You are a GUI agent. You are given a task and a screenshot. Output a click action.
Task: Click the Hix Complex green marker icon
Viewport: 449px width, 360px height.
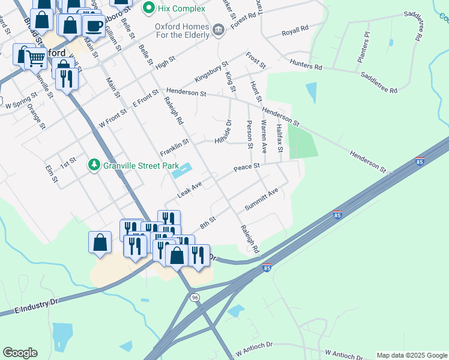147,9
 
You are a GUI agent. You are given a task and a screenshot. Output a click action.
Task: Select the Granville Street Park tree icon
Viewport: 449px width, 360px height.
94,164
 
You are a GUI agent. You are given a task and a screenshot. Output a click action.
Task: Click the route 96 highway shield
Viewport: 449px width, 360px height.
194,298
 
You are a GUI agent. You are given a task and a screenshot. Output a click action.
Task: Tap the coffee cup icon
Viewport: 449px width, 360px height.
93,26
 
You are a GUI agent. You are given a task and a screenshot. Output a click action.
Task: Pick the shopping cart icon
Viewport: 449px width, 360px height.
36,58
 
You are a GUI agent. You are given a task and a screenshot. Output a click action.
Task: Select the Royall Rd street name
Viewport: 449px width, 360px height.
295,28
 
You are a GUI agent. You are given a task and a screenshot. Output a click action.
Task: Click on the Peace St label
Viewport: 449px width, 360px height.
247,166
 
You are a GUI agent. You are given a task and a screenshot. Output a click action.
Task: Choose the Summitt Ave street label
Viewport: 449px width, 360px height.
262,200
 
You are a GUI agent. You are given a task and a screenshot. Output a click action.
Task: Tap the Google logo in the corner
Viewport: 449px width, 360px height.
20,353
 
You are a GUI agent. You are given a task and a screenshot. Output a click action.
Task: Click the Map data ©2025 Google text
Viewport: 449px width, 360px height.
412,355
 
